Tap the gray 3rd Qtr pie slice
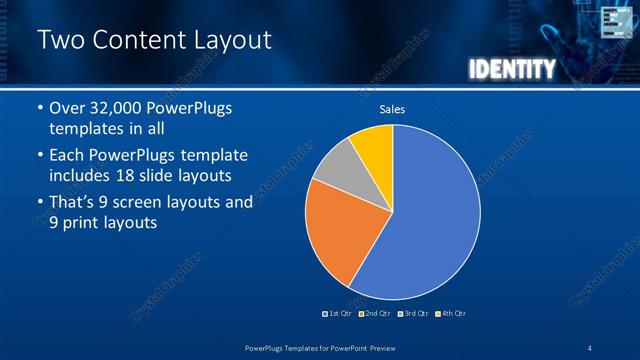[x=340, y=164]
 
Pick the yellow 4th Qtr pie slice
[x=375, y=144]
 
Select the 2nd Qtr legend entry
[x=375, y=313]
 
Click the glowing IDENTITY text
[x=511, y=69]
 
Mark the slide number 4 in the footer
[x=589, y=348]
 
